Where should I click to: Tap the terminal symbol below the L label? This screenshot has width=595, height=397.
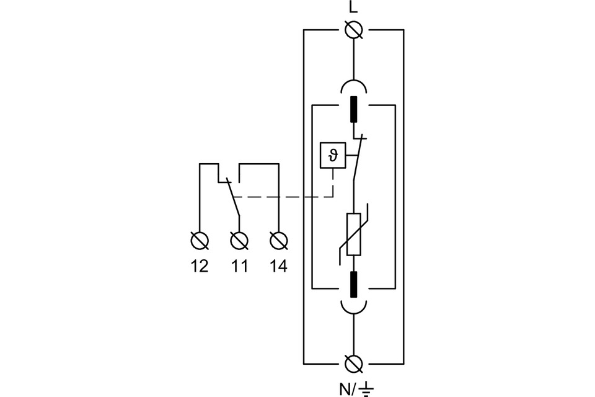tap(353, 29)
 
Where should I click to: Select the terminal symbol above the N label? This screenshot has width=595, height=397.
tap(353, 362)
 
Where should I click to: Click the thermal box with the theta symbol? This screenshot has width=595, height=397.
tap(333, 156)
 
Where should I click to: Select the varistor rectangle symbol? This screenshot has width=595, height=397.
tap(353, 234)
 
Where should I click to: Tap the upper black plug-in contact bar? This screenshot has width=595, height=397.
tap(353, 109)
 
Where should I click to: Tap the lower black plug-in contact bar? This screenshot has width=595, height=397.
tap(353, 284)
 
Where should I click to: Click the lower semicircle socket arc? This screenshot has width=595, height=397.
tap(353, 308)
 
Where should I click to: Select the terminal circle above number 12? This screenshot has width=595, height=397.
tap(200, 239)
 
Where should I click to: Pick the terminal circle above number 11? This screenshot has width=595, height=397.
tap(239, 239)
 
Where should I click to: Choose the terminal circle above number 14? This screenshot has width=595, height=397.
tap(279, 239)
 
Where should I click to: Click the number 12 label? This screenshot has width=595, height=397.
tap(200, 266)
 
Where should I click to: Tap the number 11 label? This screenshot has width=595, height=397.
tap(239, 266)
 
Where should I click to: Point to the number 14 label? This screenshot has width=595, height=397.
tap(279, 266)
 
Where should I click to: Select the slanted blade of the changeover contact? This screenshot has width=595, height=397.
tap(232, 197)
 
